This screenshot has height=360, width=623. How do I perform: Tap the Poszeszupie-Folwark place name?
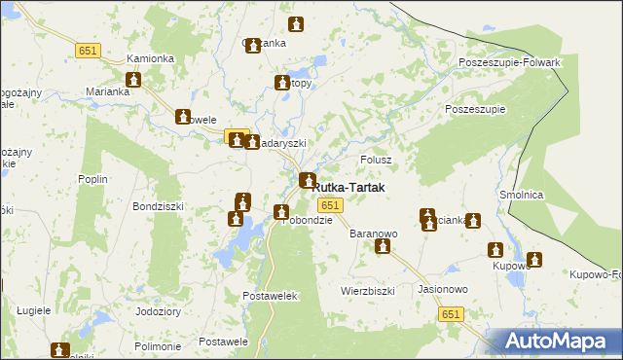(x=510, y=63)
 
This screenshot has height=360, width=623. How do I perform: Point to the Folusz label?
(x=376, y=160)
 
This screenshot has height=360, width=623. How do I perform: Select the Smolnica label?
(x=521, y=195)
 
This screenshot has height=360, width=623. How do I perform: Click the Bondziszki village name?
(x=159, y=207)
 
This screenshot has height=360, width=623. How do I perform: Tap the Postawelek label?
(x=269, y=295)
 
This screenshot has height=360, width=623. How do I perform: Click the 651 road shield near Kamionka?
(x=90, y=50)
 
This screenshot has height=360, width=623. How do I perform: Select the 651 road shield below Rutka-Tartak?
(x=330, y=204)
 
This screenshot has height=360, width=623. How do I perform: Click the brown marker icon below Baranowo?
(x=383, y=247)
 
